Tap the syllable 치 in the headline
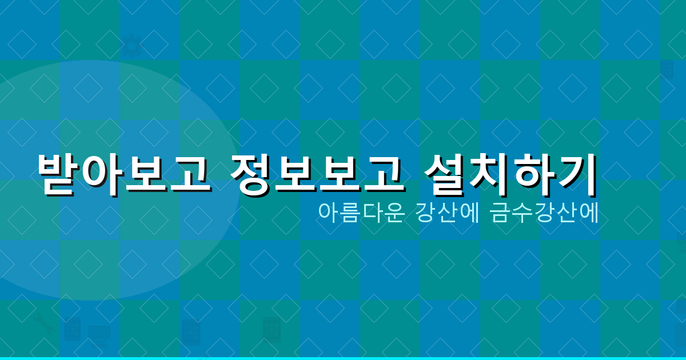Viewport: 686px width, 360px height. tap(492, 173)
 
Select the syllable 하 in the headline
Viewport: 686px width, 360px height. tap(534, 173)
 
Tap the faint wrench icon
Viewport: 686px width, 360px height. tap(43, 324)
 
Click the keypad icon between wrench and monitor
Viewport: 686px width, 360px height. tap(72, 330)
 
